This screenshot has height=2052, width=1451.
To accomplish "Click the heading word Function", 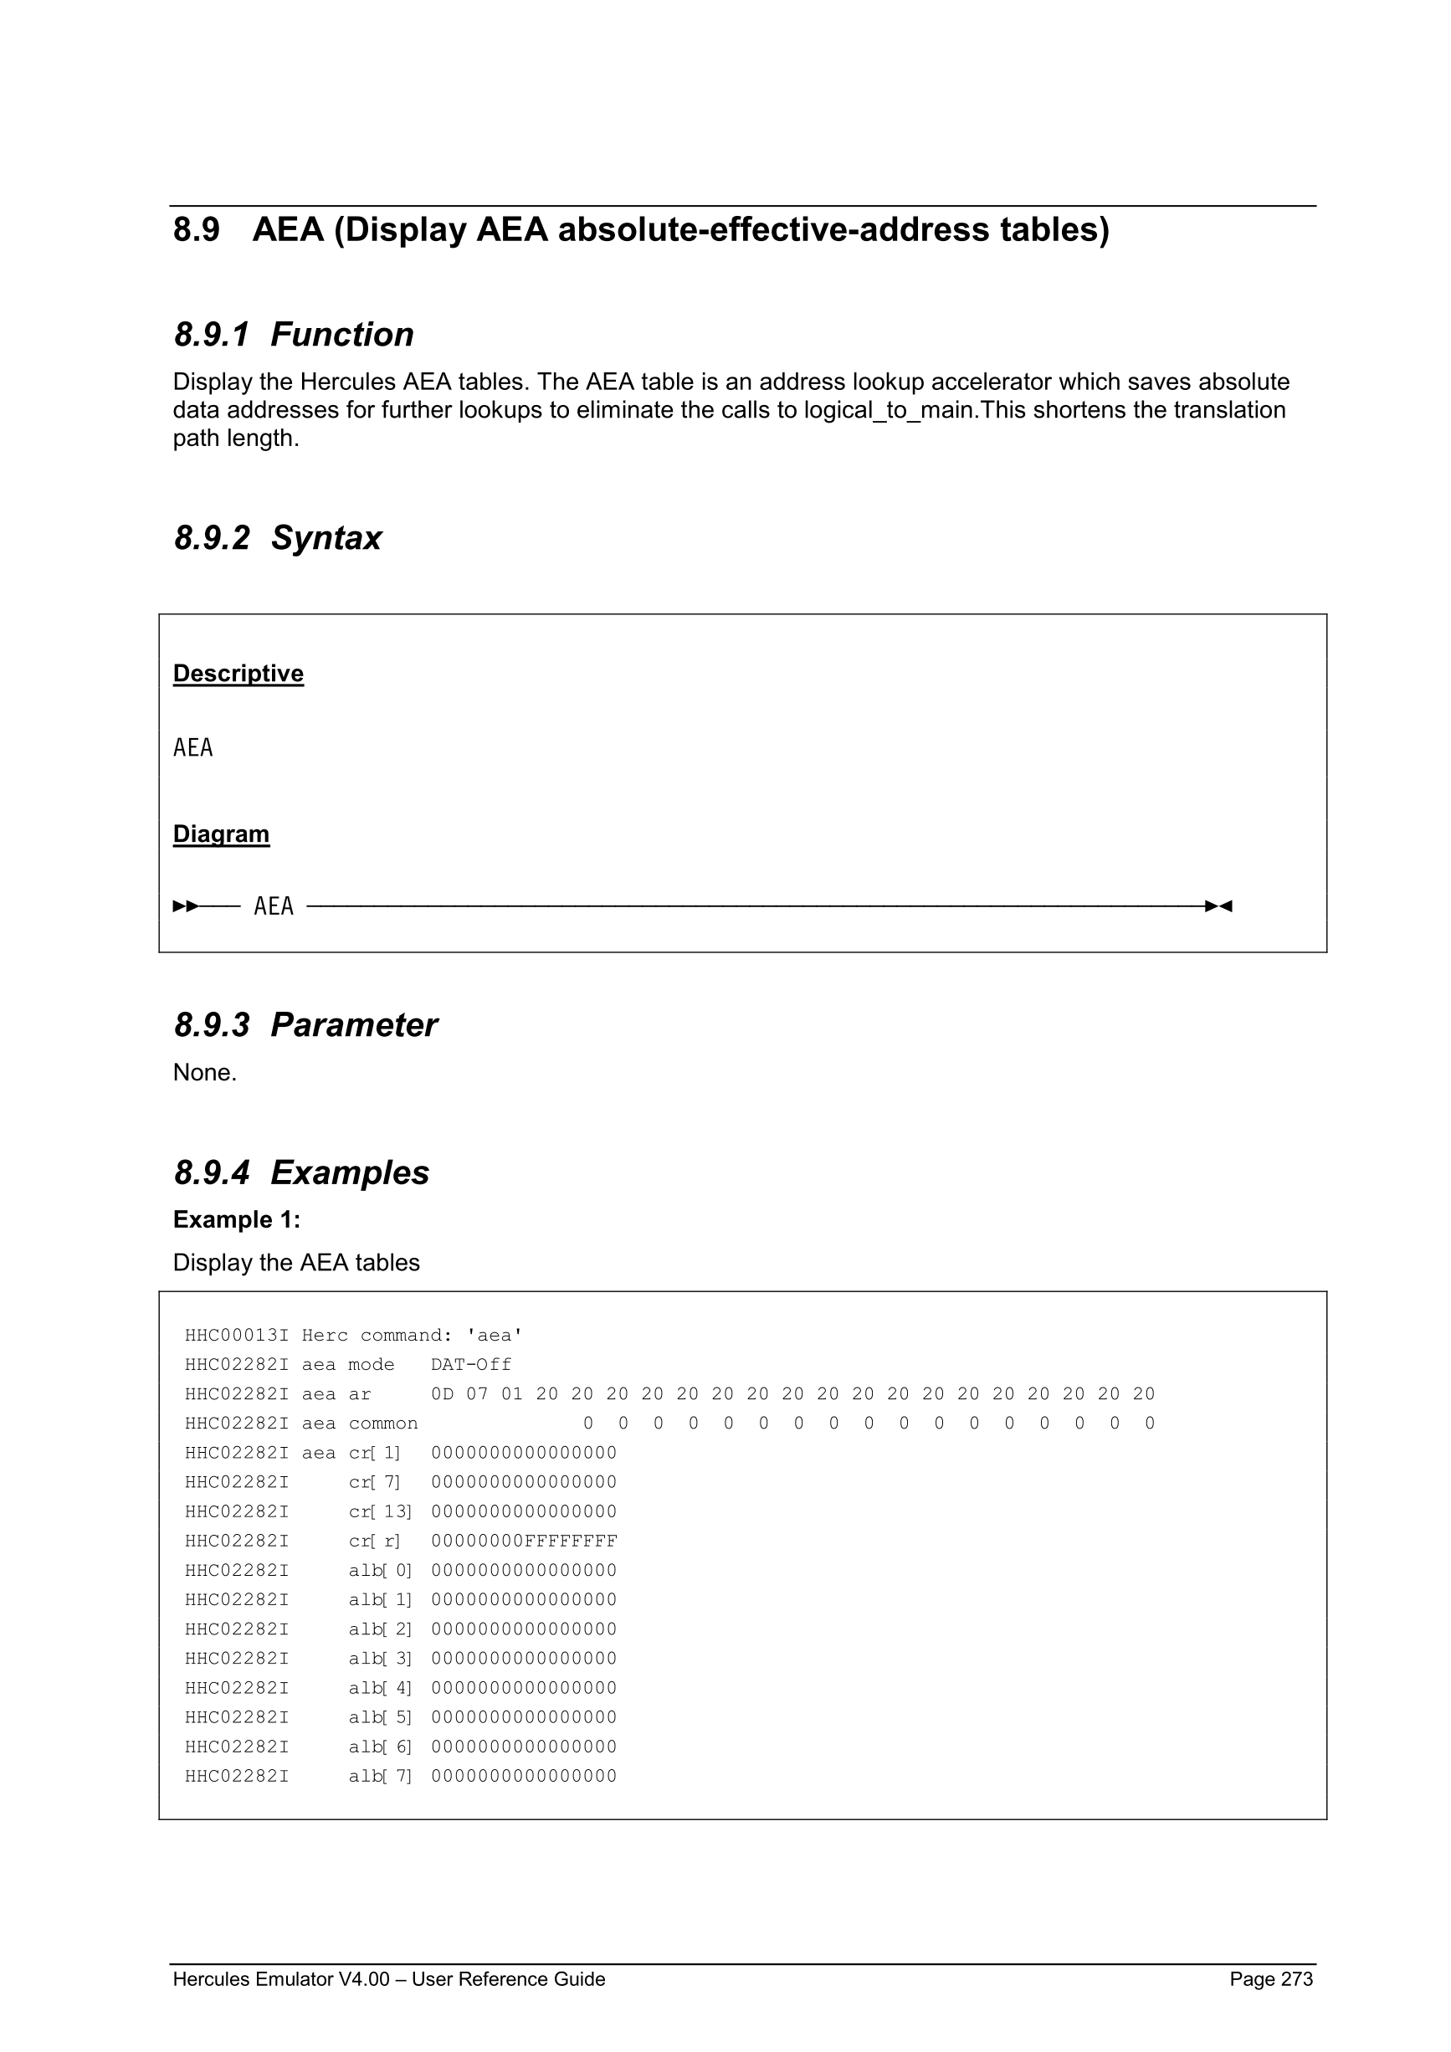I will pyautogui.click(x=341, y=335).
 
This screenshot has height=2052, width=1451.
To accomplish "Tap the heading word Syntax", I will pyautogui.click(x=326, y=538).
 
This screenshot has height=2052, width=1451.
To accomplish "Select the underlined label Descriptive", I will pyautogui.click(x=238, y=673).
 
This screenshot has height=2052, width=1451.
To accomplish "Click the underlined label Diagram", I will pyautogui.click(x=221, y=834).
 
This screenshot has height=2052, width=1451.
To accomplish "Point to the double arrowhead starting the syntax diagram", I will pyautogui.click(x=186, y=906).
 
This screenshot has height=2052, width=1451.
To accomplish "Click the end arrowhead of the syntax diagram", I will pyautogui.click(x=1218, y=906).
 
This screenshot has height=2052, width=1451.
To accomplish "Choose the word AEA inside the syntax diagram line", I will pyautogui.click(x=274, y=906).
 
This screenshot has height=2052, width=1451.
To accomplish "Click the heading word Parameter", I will pyautogui.click(x=354, y=1025).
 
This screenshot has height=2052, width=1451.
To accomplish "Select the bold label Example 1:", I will pyautogui.click(x=237, y=1220).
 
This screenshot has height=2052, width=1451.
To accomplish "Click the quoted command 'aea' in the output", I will pyautogui.click(x=494, y=1336).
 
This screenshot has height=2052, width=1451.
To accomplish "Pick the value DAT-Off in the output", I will pyautogui.click(x=471, y=1366).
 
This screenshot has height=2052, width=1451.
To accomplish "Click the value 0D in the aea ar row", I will pyautogui.click(x=443, y=1394).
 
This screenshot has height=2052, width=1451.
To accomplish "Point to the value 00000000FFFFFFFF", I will pyautogui.click(x=524, y=1542).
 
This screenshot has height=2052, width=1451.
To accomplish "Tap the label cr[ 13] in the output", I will pyautogui.click(x=380, y=1512).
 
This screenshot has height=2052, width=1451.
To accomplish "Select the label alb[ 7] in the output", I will pyautogui.click(x=380, y=1777).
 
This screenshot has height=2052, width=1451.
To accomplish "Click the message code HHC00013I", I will pyautogui.click(x=237, y=1336).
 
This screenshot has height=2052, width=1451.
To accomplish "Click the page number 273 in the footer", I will pyautogui.click(x=1296, y=1979).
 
